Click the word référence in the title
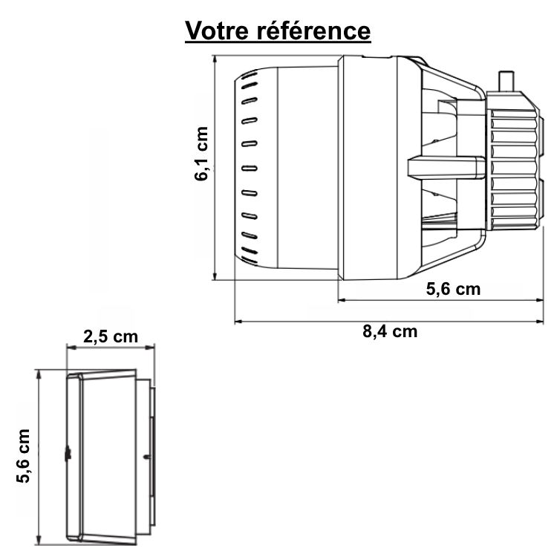(x=321, y=31)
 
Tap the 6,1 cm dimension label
(x=201, y=154)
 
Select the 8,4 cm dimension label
(x=390, y=332)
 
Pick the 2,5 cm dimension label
(x=111, y=336)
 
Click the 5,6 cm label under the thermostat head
(x=453, y=289)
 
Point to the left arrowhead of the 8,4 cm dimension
(x=238, y=322)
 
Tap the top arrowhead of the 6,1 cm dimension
(x=215, y=59)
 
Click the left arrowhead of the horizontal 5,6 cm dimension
(x=342, y=300)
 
